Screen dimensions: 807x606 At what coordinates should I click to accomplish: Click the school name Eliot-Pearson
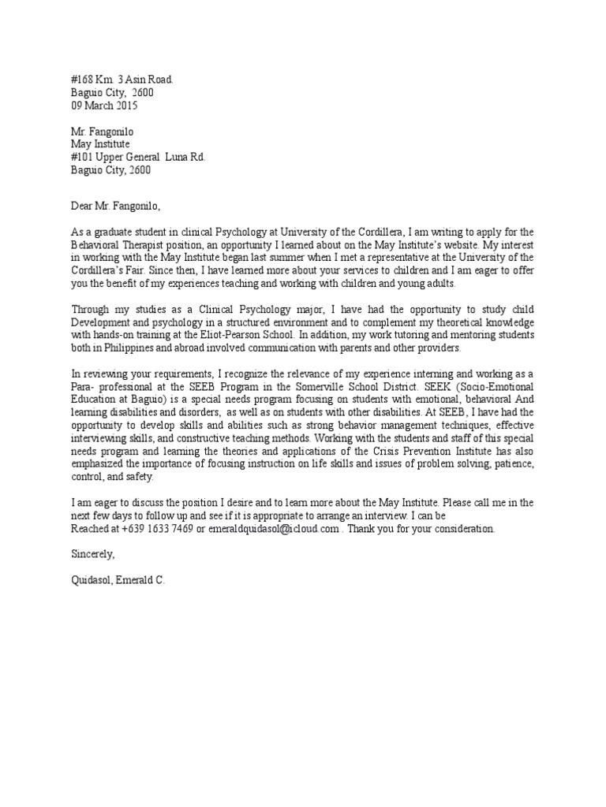point(241,336)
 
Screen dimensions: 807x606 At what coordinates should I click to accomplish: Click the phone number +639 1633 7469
point(159,529)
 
